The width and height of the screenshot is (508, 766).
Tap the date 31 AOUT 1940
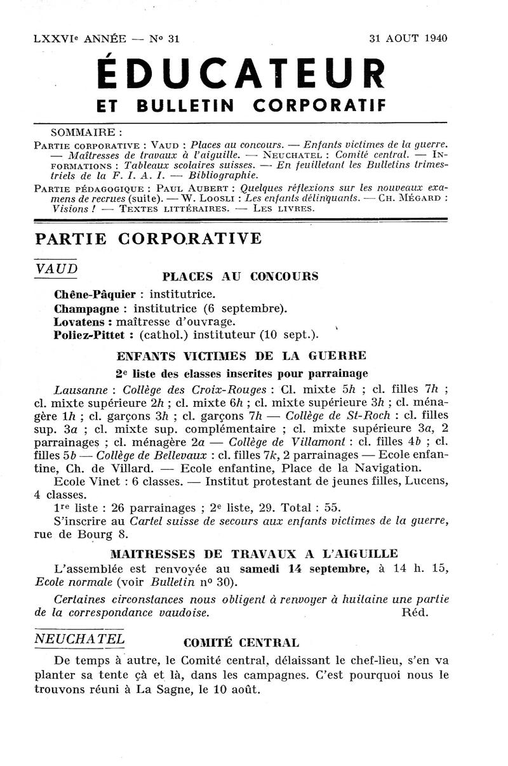click(x=408, y=38)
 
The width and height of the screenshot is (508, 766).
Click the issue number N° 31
click(x=165, y=38)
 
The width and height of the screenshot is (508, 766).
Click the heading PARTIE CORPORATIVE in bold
click(x=148, y=239)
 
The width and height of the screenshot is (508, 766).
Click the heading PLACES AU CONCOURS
click(x=241, y=277)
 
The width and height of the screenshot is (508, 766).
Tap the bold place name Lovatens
click(x=80, y=321)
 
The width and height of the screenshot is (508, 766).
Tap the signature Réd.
click(x=416, y=613)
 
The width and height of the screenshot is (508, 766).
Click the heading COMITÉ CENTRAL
click(x=241, y=642)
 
